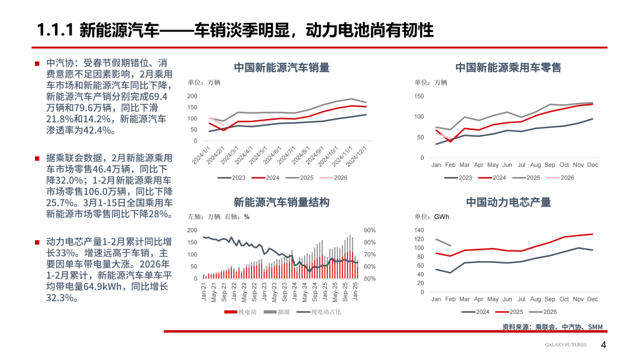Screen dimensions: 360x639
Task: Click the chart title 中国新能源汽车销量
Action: pyautogui.click(x=282, y=67)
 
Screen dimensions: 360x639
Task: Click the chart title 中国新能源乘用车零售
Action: pyautogui.click(x=508, y=67)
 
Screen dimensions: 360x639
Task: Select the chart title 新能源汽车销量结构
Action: pyautogui.click(x=282, y=202)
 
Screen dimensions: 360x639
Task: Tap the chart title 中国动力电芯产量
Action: pyautogui.click(x=508, y=202)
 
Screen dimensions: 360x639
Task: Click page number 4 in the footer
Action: pyautogui.click(x=603, y=345)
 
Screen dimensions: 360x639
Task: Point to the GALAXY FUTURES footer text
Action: pyautogui.click(x=566, y=345)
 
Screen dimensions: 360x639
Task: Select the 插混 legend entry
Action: pyautogui.click(x=278, y=311)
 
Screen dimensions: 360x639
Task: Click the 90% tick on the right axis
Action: pyautogui.click(x=370, y=230)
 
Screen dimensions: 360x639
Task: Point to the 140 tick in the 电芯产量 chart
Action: pyautogui.click(x=419, y=230)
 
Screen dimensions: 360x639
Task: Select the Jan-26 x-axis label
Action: pyautogui.click(x=356, y=292)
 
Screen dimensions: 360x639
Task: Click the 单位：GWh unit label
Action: pyautogui.click(x=431, y=217)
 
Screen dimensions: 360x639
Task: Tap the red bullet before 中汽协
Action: pyautogui.click(x=37, y=63)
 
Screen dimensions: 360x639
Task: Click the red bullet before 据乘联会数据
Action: pyautogui.click(x=37, y=158)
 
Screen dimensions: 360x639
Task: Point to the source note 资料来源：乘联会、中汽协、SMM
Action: pyautogui.click(x=552, y=327)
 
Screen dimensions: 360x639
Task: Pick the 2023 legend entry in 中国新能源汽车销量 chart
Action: pyautogui.click(x=235, y=177)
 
